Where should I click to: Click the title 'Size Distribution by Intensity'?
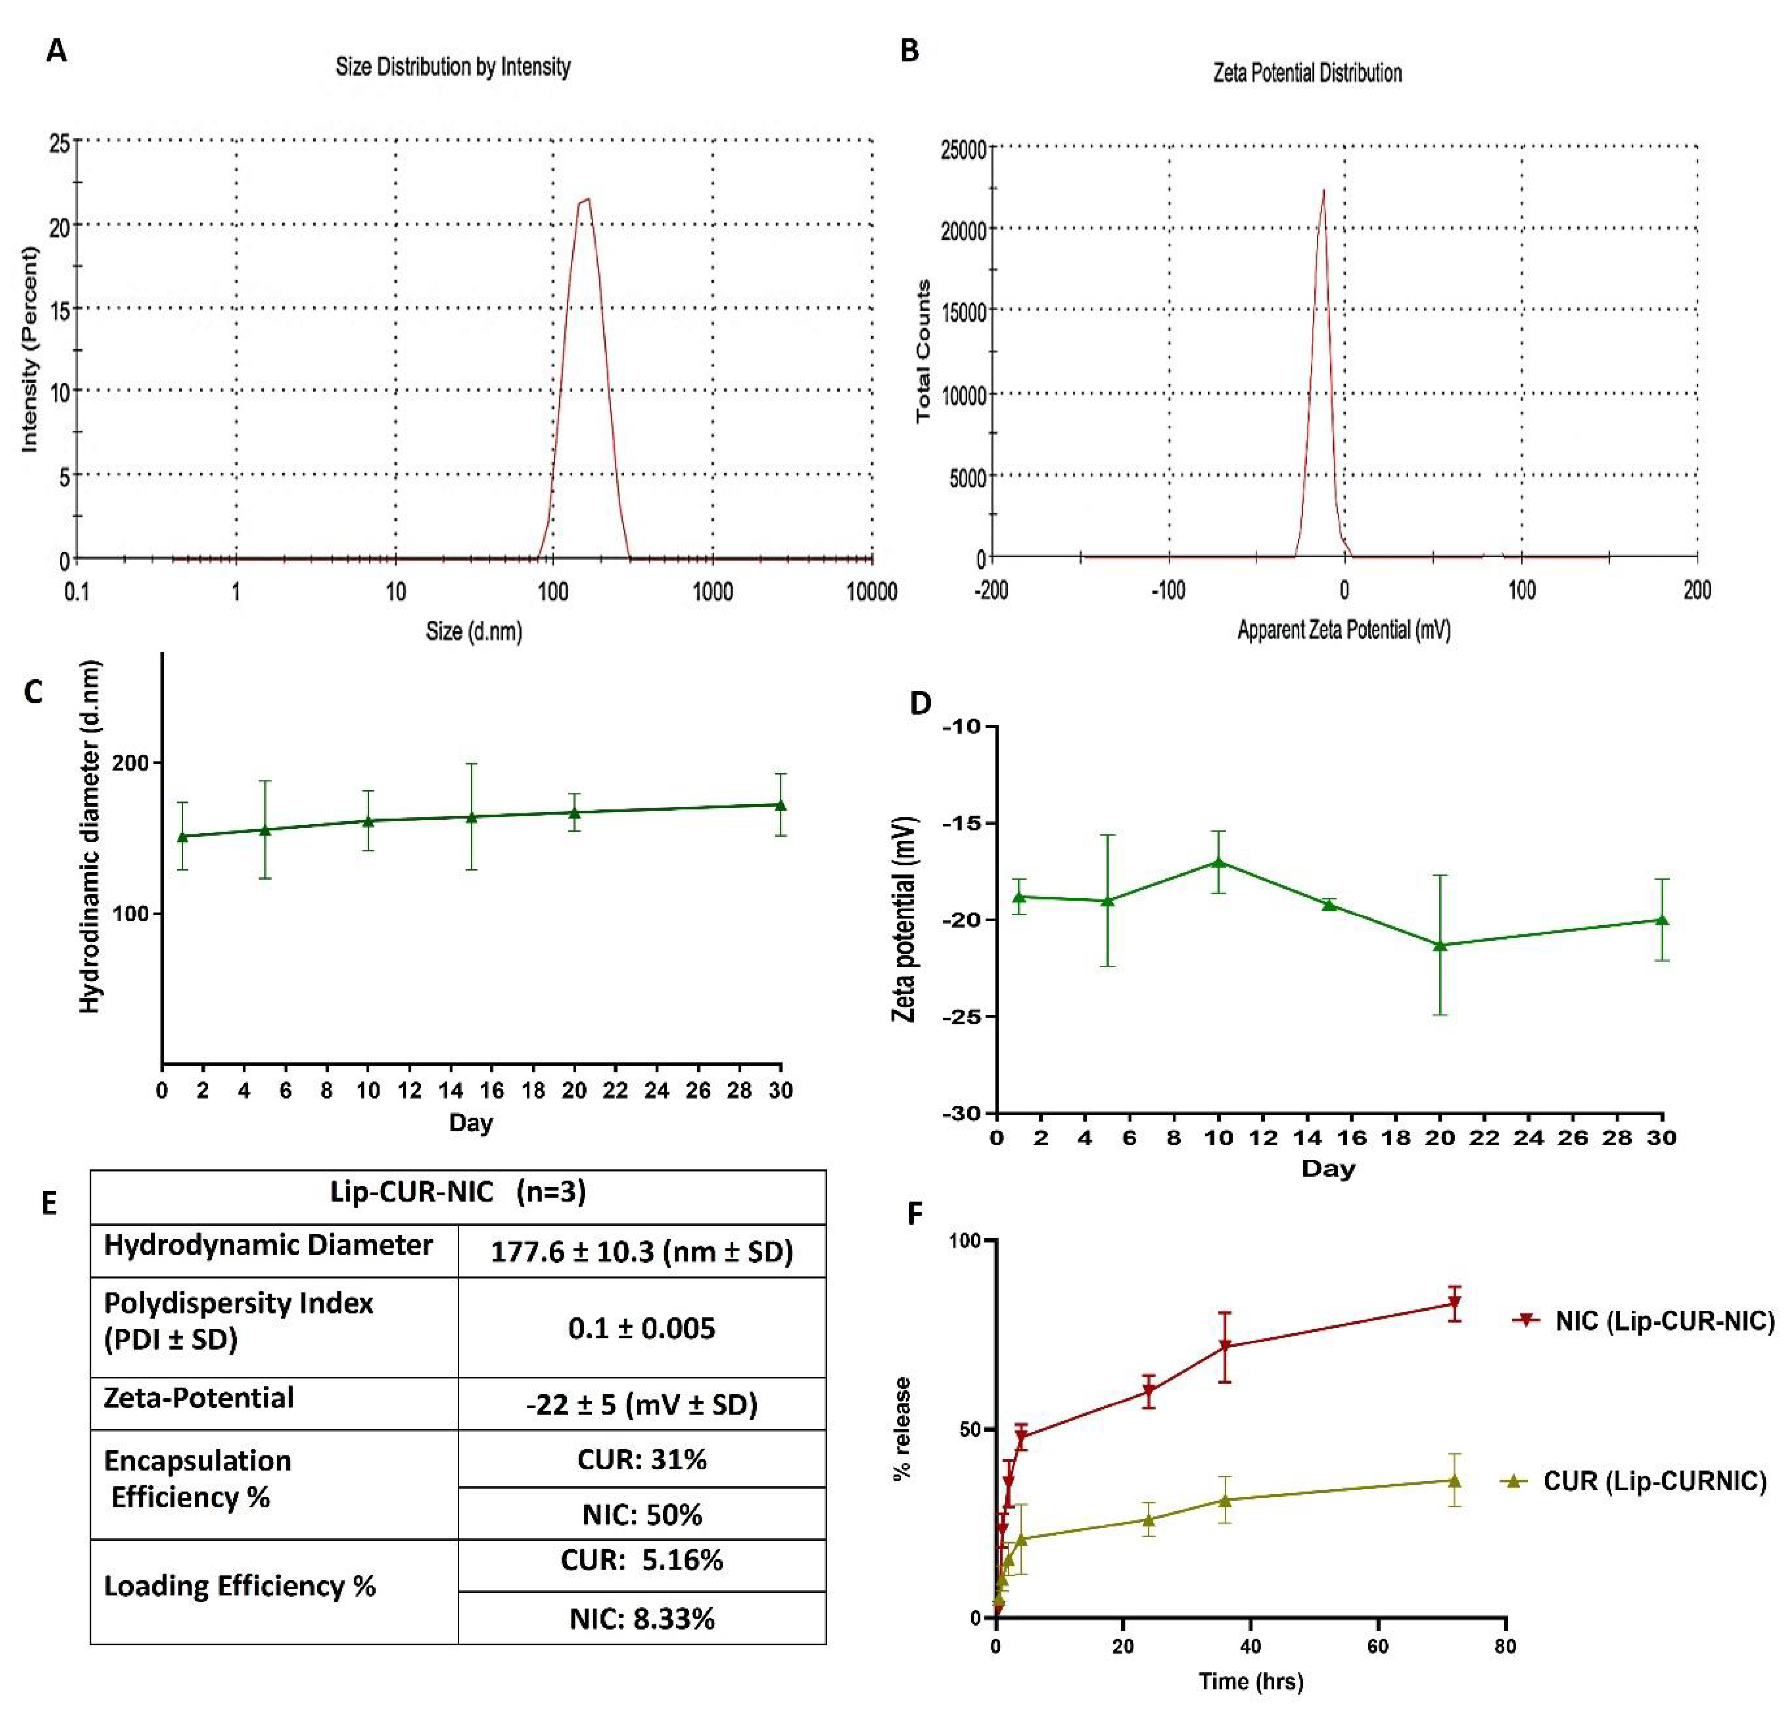[x=453, y=66]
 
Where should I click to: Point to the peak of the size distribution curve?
[x=588, y=198]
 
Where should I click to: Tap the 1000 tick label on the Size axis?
[x=713, y=591]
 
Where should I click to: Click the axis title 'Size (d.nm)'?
[x=474, y=630]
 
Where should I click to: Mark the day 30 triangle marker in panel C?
[x=780, y=804]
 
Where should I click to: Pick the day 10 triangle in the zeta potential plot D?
[x=1218, y=862]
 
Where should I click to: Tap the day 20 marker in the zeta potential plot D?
[x=1440, y=945]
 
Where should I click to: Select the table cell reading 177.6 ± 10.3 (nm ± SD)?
[x=641, y=1251]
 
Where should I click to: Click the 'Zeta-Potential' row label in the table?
[x=198, y=1398]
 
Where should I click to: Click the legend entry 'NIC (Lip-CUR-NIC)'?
[x=1663, y=1320]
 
